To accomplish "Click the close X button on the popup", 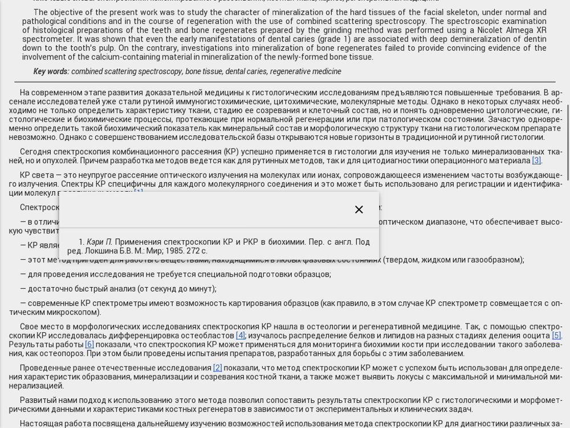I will click(x=359, y=209).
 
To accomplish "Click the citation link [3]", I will click(x=536, y=160).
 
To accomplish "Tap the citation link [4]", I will click(x=240, y=336).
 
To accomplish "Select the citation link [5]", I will click(x=556, y=336).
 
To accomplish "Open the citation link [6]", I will click(x=89, y=344).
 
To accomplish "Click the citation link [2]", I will click(x=217, y=368).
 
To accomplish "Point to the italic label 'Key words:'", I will click(x=51, y=71).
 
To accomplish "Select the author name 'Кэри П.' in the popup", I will click(x=99, y=242).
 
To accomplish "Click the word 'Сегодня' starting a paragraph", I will click(x=35, y=152).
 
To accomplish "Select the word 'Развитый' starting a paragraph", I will click(x=36, y=400).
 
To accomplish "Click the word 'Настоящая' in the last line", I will click(x=39, y=423).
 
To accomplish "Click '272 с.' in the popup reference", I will click(x=196, y=251).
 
